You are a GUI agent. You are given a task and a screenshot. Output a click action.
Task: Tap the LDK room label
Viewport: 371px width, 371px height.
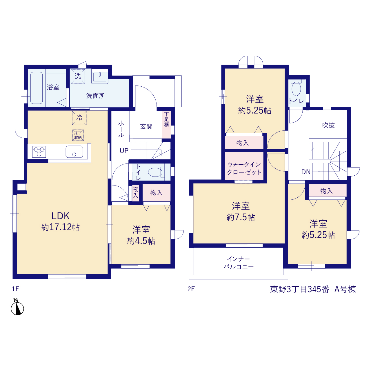point(61,216)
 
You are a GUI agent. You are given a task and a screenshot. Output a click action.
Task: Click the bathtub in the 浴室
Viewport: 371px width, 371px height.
point(37,88)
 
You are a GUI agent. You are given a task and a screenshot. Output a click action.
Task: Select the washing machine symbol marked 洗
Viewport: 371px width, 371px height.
point(78,76)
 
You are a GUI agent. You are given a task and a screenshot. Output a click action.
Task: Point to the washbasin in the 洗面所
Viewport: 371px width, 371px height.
point(99,77)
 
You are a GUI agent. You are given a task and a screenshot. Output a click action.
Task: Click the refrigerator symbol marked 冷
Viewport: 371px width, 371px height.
point(79,118)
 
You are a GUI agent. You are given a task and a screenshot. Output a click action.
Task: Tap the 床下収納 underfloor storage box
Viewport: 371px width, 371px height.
point(78,135)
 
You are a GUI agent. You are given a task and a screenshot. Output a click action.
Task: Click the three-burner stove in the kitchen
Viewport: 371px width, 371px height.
point(39,152)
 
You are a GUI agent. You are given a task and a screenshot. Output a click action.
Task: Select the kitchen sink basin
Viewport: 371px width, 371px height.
point(74,152)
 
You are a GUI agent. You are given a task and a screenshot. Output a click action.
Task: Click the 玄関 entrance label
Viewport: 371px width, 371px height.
point(146,126)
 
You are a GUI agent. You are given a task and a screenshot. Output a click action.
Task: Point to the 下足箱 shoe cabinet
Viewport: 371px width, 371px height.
point(166,125)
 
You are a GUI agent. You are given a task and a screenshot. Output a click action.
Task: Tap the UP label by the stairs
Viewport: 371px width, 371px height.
point(124,150)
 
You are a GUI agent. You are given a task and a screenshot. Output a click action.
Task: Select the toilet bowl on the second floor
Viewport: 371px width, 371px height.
point(296,89)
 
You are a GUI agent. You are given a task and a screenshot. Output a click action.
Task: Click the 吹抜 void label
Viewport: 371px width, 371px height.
point(328,125)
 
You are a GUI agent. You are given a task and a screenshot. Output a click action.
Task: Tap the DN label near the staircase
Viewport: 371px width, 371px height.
point(306,172)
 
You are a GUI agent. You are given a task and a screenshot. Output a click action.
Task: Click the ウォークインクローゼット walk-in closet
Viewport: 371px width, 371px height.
point(244,166)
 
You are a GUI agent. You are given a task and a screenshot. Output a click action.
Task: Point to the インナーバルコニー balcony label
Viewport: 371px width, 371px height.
point(239,263)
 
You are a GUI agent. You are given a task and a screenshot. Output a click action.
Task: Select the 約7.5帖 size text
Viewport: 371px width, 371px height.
point(241,217)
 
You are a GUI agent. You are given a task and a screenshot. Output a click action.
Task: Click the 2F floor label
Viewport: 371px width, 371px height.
point(191,289)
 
